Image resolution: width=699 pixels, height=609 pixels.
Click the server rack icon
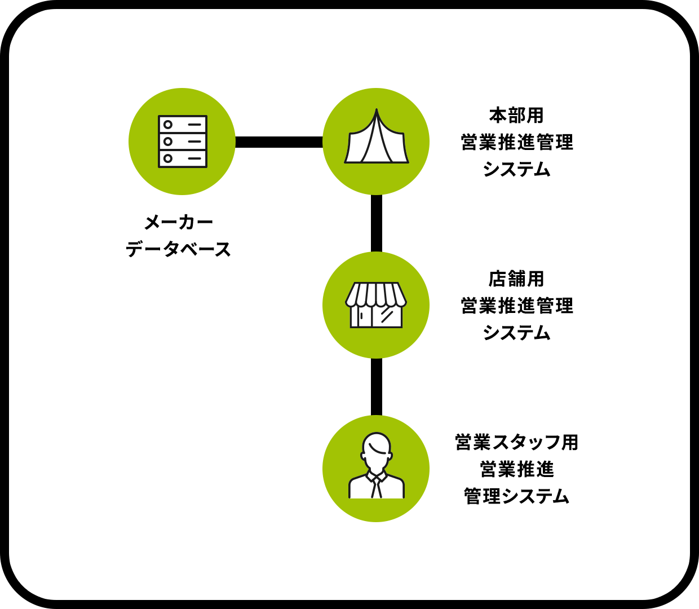pyautogui.click(x=182, y=142)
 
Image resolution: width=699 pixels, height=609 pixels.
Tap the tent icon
pyautogui.click(x=376, y=138)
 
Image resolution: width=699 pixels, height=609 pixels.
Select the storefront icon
pyautogui.click(x=376, y=305)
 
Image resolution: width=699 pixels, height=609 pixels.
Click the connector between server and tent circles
pyautogui.click(x=279, y=142)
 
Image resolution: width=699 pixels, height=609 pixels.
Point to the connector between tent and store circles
pyautogui.click(x=377, y=223)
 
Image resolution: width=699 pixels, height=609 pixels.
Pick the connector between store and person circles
pyautogui.click(x=377, y=387)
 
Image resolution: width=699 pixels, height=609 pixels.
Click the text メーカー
pyautogui.click(x=179, y=222)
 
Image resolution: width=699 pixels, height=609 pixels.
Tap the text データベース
pyautogui.click(x=179, y=249)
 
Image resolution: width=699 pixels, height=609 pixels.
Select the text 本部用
pyautogui.click(x=516, y=116)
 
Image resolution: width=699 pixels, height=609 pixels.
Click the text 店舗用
pyautogui.click(x=516, y=279)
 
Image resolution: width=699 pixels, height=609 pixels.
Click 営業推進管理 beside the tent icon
pyautogui.click(x=516, y=143)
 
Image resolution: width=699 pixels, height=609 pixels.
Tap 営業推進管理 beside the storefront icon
pyautogui.click(x=516, y=306)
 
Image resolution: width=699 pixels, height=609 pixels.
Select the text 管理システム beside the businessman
pyautogui.click(x=516, y=496)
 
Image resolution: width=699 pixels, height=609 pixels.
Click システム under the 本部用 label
pyautogui.click(x=516, y=170)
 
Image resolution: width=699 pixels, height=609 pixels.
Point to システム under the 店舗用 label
pyautogui.click(x=516, y=333)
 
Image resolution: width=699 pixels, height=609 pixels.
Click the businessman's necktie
pyautogui.click(x=376, y=488)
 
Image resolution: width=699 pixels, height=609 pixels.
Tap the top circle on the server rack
pyautogui.click(x=168, y=125)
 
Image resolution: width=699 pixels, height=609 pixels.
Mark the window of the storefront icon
pyautogui.click(x=387, y=316)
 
